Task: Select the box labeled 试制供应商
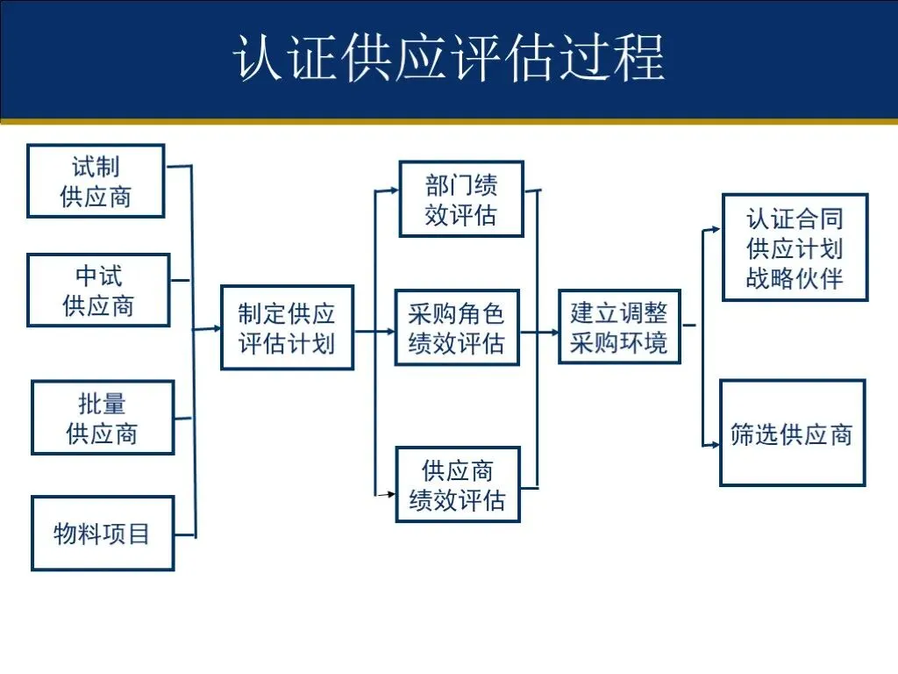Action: (96, 181)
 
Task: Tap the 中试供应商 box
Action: (98, 290)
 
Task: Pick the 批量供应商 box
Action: (102, 417)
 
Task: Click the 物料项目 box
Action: (102, 533)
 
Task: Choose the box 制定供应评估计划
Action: (287, 327)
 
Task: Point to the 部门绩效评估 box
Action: (461, 199)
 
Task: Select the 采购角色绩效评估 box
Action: (456, 327)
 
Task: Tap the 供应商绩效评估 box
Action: (457, 484)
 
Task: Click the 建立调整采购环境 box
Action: (619, 326)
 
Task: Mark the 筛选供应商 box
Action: (792, 433)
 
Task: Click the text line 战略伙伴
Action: (795, 278)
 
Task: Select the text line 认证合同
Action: (795, 218)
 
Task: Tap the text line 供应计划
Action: (795, 248)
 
